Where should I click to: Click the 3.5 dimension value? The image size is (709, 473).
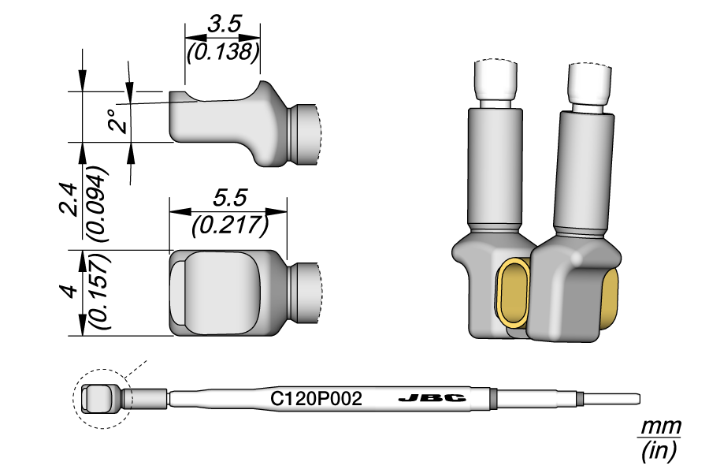click(x=223, y=24)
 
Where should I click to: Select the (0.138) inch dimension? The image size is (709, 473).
click(x=222, y=52)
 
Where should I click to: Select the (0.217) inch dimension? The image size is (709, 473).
click(x=228, y=225)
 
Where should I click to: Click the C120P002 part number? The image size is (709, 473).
click(x=316, y=399)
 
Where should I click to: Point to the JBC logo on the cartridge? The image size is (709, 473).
click(x=432, y=399)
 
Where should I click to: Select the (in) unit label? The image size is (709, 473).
click(x=659, y=451)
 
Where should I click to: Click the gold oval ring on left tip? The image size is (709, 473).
click(x=514, y=293)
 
